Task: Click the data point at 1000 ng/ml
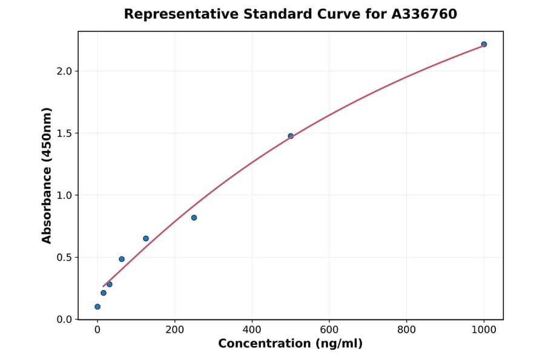coord(484,44)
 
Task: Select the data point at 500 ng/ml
coord(291,136)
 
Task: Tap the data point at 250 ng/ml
coord(194,218)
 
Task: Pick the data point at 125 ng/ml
coord(146,238)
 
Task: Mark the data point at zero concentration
coord(97,307)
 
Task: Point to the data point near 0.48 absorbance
coord(122,259)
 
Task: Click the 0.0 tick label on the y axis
coord(64,319)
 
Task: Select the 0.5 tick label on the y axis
coord(64,258)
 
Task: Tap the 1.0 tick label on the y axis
coord(64,195)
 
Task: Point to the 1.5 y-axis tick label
coord(64,133)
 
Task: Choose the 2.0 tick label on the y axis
coord(64,72)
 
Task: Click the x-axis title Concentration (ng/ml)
coord(290,344)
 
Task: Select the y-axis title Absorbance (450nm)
coord(47,175)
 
